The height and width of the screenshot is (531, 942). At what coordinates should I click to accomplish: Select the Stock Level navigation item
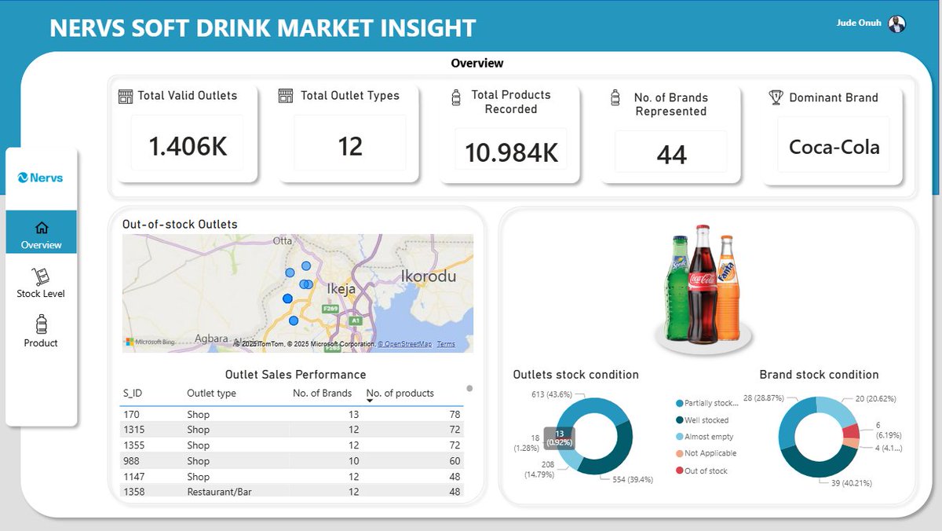pyautogui.click(x=41, y=283)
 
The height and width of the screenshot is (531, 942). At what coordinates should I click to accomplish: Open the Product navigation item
pyautogui.click(x=41, y=331)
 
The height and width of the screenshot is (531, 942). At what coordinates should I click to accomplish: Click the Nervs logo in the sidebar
pyautogui.click(x=41, y=178)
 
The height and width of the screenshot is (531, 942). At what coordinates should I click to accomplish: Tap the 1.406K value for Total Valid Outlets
pyautogui.click(x=188, y=146)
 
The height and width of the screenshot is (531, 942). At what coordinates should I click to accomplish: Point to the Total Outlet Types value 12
pyautogui.click(x=350, y=146)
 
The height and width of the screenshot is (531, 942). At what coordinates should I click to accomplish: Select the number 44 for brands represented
pyautogui.click(x=671, y=155)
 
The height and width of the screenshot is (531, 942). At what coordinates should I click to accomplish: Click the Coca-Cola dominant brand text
pyautogui.click(x=834, y=147)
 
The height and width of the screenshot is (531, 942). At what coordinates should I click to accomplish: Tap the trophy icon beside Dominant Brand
pyautogui.click(x=776, y=97)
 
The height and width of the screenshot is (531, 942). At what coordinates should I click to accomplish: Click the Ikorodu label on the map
pyautogui.click(x=428, y=276)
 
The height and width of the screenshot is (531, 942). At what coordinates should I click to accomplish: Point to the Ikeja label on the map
pyautogui.click(x=341, y=289)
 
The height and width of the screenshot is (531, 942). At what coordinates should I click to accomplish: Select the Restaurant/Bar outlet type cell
pyautogui.click(x=219, y=492)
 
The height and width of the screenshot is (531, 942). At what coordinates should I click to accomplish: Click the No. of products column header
pyautogui.click(x=400, y=394)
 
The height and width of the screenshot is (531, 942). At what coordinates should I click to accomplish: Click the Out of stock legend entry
pyautogui.click(x=705, y=471)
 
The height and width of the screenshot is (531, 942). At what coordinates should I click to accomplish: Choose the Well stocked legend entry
pyautogui.click(x=705, y=420)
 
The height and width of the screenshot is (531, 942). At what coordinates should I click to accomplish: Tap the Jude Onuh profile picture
pyautogui.click(x=896, y=24)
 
